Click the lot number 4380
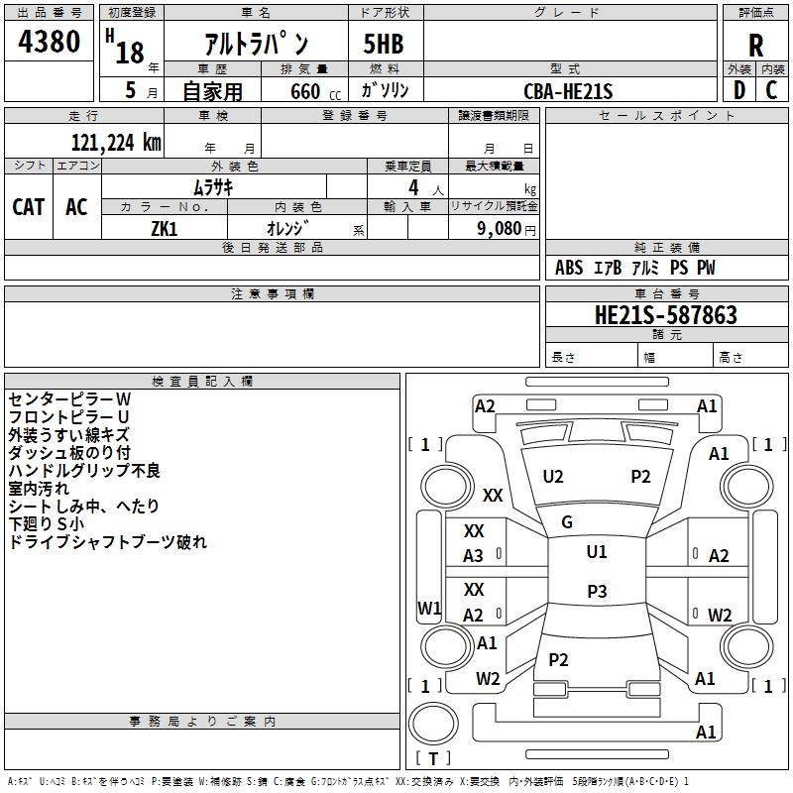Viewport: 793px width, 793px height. click(x=49, y=41)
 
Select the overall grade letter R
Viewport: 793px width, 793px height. click(x=755, y=46)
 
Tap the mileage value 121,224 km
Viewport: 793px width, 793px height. click(x=116, y=143)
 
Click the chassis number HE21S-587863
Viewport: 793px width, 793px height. click(x=666, y=314)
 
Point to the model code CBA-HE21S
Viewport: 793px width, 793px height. click(x=568, y=91)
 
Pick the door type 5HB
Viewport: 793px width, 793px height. click(x=384, y=44)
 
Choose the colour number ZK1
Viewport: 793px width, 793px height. click(x=165, y=229)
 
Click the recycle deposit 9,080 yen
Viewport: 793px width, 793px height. click(x=507, y=229)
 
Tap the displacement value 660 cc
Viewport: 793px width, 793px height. click(x=315, y=91)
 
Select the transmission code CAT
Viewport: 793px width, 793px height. click(x=29, y=207)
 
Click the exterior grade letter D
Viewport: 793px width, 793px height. click(x=739, y=90)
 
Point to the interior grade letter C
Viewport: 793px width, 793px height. click(x=771, y=90)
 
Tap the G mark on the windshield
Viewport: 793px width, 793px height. click(x=567, y=522)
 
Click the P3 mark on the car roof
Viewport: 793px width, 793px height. click(x=597, y=591)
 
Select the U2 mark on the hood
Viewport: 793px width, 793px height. click(x=553, y=477)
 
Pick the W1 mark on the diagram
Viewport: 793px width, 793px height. click(x=429, y=608)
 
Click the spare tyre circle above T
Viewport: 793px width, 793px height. click(x=433, y=724)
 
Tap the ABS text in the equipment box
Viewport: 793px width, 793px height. click(x=569, y=268)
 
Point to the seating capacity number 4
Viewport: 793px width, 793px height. click(x=413, y=187)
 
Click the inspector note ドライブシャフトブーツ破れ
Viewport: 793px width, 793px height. click(x=108, y=541)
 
